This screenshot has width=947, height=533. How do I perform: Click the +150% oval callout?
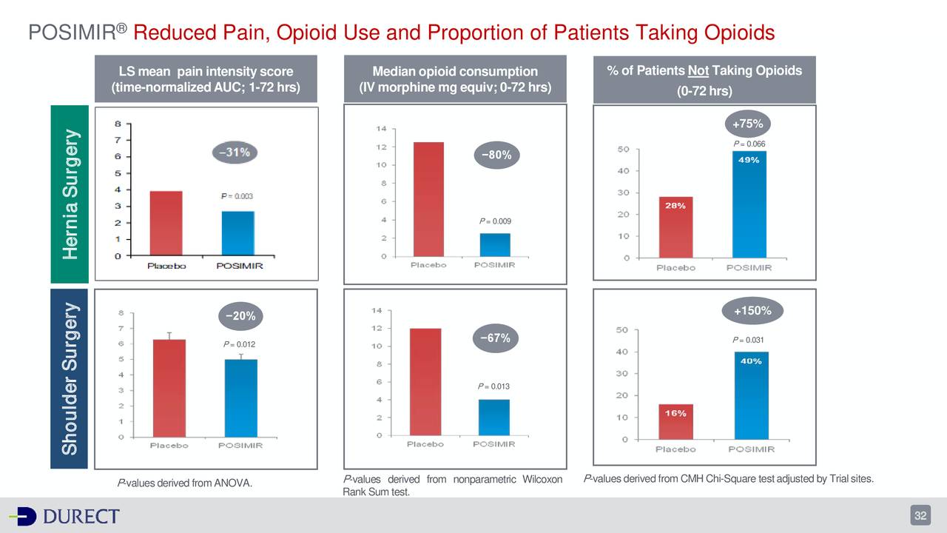[x=752, y=311]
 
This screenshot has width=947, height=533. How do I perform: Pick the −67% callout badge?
[x=495, y=338]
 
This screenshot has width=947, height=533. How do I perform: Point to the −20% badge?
[x=241, y=316]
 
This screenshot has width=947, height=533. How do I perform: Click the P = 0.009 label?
[x=495, y=221]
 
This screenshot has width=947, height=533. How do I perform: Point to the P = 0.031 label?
[x=749, y=340]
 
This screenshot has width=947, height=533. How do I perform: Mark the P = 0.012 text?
[x=240, y=344]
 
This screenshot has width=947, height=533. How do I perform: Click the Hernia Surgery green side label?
[x=70, y=194]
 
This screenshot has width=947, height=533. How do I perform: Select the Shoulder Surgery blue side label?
[x=70, y=379]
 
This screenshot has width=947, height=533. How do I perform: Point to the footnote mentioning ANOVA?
[x=184, y=483]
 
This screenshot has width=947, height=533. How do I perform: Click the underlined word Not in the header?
[x=698, y=71]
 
